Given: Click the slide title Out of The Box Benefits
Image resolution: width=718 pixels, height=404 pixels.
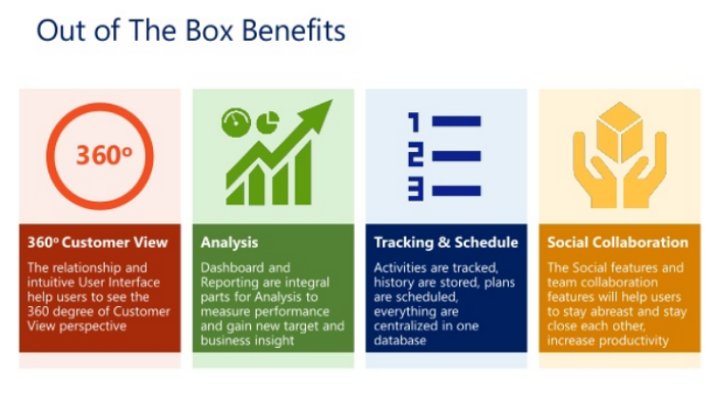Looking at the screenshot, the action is pyautogui.click(x=190, y=30).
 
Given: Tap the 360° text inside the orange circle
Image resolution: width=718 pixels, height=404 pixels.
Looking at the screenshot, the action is pyautogui.click(x=104, y=155).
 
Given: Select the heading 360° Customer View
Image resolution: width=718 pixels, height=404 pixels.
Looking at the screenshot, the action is pyautogui.click(x=98, y=242).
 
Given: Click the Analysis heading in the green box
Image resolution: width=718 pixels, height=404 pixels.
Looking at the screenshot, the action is pyautogui.click(x=229, y=242).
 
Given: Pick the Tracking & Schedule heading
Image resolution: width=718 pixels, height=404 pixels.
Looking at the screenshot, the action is pyautogui.click(x=446, y=242).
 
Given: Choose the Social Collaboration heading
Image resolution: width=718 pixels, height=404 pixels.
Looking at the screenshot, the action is pyautogui.click(x=618, y=242).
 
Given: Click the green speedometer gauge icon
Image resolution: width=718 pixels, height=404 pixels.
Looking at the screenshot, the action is pyautogui.click(x=236, y=123).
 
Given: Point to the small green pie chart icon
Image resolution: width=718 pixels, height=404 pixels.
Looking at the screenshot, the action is pyautogui.click(x=268, y=123).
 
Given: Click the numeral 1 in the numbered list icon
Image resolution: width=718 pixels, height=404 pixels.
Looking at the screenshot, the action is pyautogui.click(x=414, y=123).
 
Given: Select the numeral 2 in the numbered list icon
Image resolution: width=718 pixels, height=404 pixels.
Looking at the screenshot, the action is pyautogui.click(x=416, y=156).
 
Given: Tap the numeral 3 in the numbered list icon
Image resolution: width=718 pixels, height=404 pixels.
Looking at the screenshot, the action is pyautogui.click(x=416, y=190).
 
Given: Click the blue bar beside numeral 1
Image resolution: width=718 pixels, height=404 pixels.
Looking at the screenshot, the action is pyautogui.click(x=456, y=122).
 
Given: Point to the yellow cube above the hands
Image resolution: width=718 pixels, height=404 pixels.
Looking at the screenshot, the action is pyautogui.click(x=619, y=132).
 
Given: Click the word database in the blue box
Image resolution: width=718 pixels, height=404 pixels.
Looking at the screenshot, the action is pyautogui.click(x=399, y=340).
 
